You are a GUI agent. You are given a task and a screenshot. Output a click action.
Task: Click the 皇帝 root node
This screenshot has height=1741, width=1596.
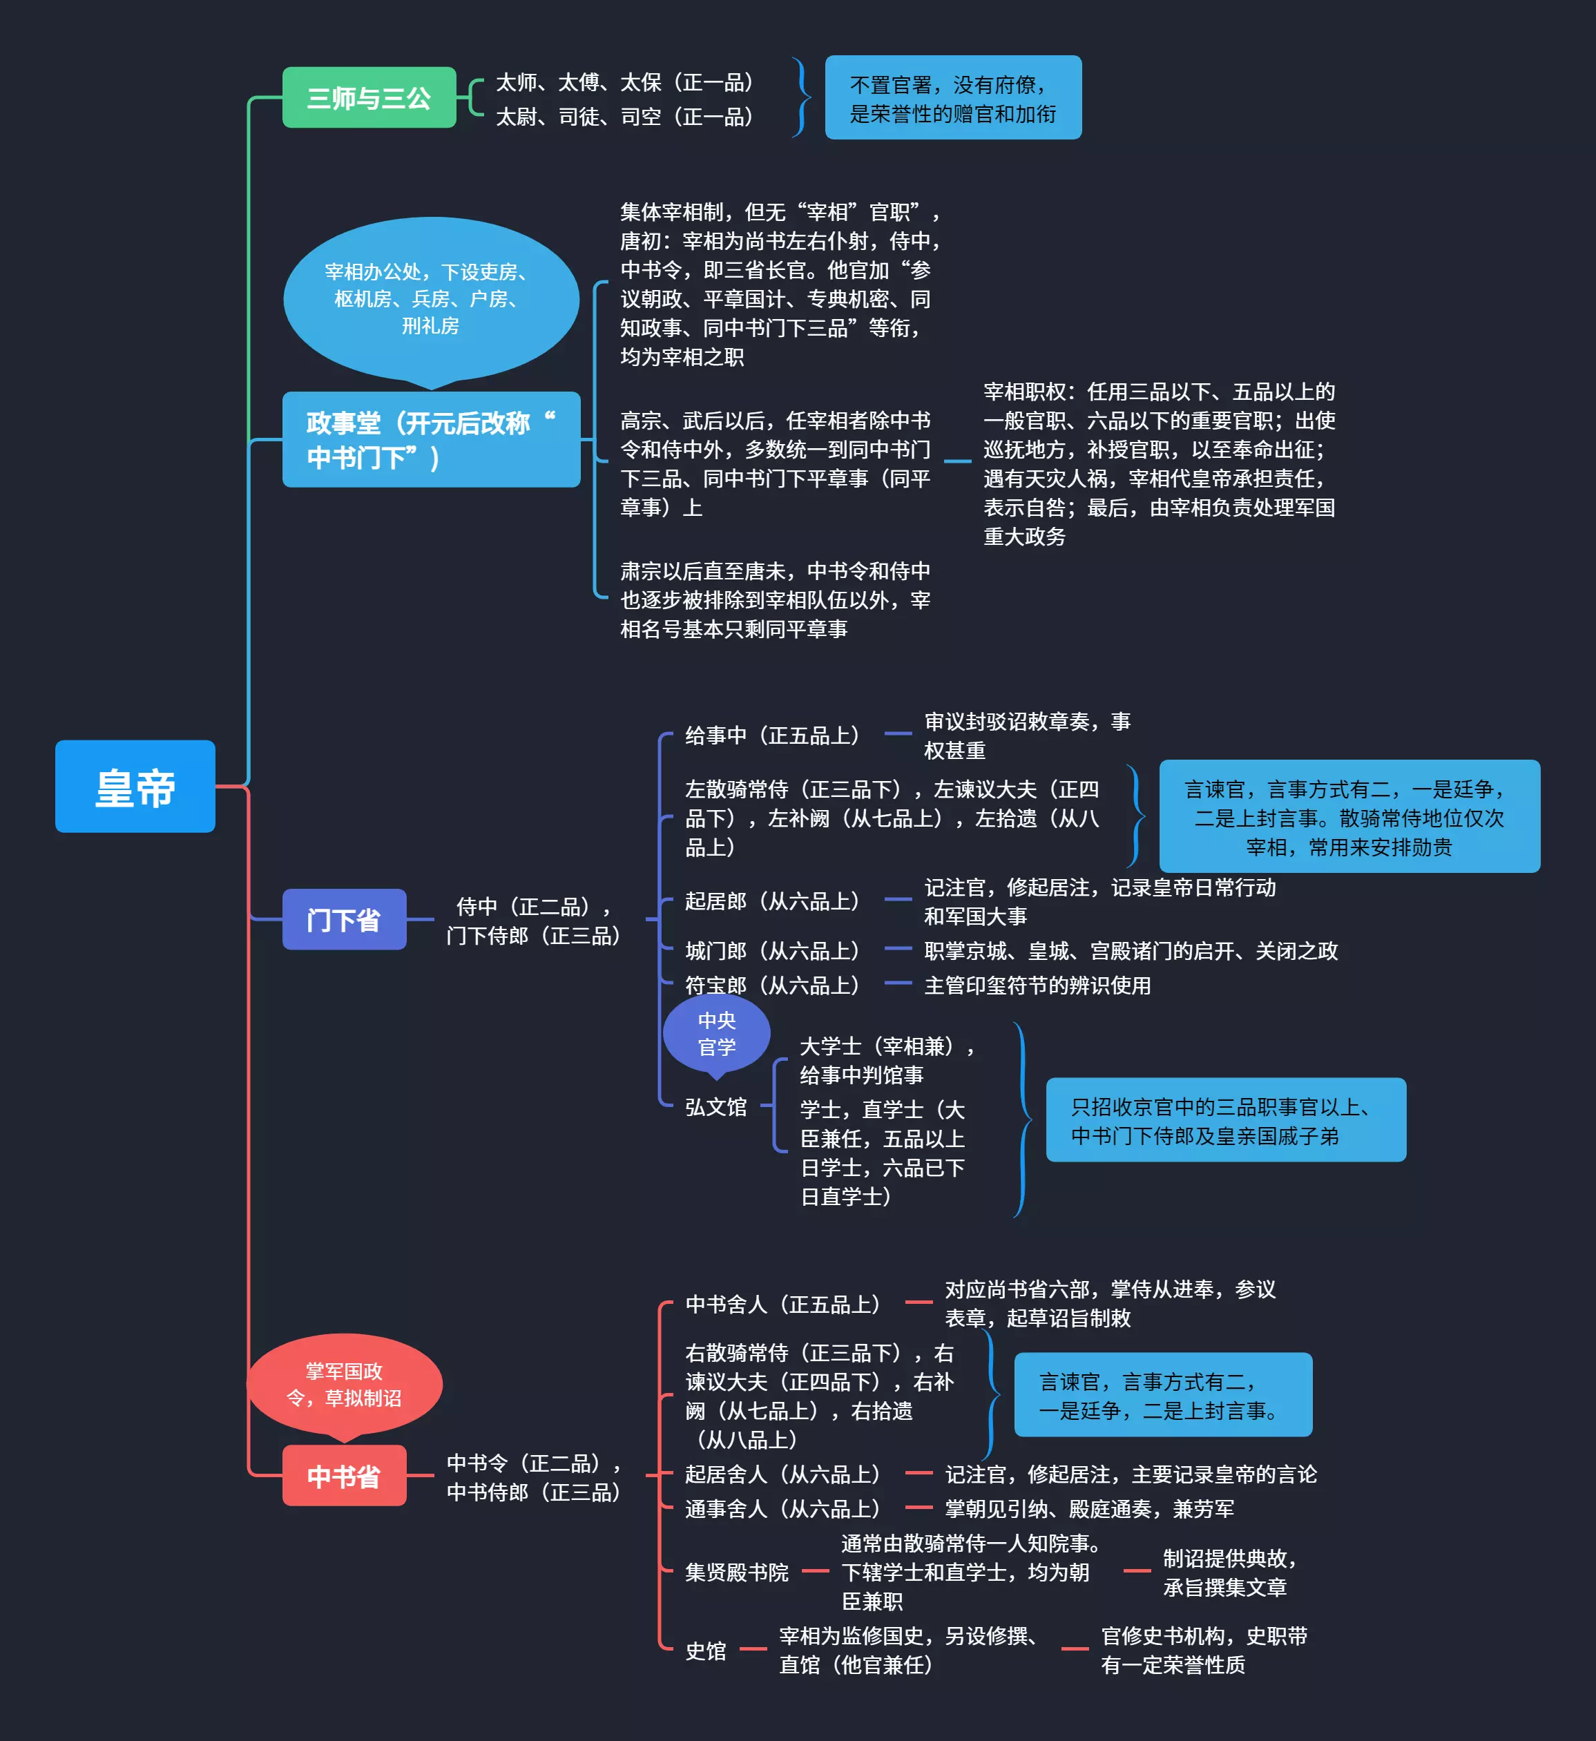coord(135,786)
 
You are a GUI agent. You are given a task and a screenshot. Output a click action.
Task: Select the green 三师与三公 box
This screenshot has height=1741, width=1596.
coord(369,97)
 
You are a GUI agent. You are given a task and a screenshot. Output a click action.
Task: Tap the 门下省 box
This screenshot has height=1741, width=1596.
coord(344,920)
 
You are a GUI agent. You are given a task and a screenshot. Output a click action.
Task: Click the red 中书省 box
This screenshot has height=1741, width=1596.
coord(344,1476)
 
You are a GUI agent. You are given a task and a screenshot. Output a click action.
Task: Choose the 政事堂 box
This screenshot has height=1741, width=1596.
coord(431,440)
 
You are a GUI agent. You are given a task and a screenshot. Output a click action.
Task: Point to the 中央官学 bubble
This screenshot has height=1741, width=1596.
coord(717,1034)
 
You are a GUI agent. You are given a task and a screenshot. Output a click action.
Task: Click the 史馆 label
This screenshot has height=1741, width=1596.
coord(706,1651)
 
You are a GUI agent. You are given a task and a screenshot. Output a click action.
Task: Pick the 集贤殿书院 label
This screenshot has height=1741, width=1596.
coord(737,1572)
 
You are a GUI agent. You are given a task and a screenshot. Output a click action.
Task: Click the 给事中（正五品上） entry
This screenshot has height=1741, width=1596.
coord(773,735)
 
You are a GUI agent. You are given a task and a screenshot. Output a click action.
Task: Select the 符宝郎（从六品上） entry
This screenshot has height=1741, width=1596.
coord(773,985)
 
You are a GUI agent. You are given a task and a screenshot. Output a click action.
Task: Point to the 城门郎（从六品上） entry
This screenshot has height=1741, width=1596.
coord(773,951)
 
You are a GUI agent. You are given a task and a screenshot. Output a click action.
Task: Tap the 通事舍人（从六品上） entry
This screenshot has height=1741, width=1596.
coord(783,1509)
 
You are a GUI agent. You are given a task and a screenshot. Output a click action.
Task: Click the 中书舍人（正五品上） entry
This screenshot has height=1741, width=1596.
coord(783,1304)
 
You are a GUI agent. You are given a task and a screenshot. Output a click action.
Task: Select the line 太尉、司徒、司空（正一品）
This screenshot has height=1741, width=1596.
coord(625,117)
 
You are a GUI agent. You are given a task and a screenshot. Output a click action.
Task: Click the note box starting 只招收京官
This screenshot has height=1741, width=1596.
coord(1226,1120)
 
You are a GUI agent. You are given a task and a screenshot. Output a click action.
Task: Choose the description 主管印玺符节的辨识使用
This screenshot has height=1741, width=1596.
coord(1037,985)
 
